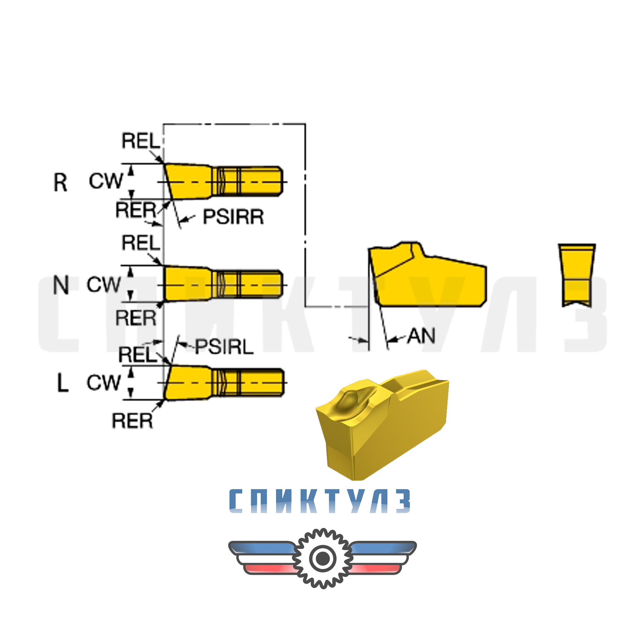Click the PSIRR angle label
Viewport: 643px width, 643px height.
coord(233,217)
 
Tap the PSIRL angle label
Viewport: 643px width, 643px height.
coord(224,347)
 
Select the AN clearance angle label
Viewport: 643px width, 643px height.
coord(422,336)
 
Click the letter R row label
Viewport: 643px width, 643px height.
coord(60,183)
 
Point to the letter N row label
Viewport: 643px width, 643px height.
coord(61,285)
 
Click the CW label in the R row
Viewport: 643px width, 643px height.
coord(106,181)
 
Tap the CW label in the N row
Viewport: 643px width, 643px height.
coord(104,285)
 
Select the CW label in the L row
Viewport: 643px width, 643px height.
coord(104,383)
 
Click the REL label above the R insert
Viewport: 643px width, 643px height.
coord(141,141)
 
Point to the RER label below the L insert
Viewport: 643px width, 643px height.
coord(132,421)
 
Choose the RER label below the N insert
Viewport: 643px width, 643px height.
coord(136,318)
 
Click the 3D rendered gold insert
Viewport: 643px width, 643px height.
coord(382,425)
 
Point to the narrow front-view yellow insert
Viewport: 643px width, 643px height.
coord(577,275)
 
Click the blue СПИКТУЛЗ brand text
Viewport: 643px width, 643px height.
coord(319,501)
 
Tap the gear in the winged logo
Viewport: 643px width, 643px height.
coord(323,558)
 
